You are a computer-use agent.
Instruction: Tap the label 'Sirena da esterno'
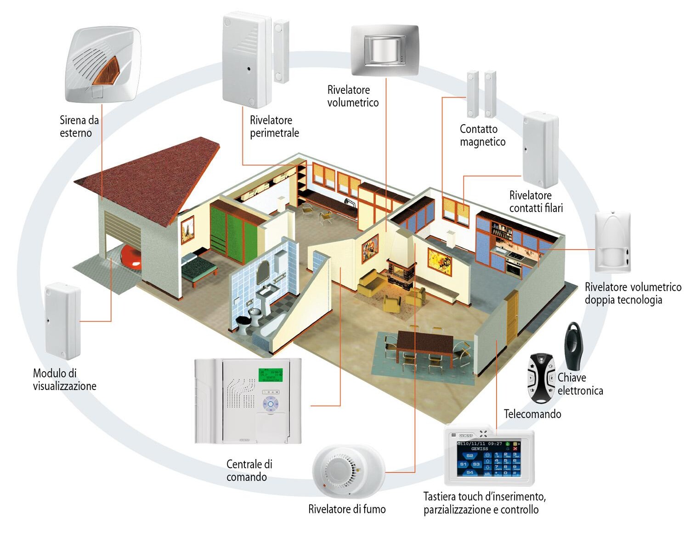79,126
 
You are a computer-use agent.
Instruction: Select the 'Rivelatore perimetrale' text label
274,126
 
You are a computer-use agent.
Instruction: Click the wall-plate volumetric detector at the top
385,50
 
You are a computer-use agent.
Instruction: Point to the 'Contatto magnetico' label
482,135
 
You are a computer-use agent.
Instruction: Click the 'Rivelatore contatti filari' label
536,201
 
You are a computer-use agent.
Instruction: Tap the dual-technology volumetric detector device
612,242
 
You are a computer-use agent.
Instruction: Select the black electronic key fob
574,343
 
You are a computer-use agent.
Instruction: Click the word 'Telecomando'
532,414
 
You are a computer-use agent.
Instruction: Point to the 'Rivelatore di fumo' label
347,509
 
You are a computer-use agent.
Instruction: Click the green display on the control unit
270,375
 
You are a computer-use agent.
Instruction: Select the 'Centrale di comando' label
249,470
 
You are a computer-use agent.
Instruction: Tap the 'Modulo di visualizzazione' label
65,379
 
